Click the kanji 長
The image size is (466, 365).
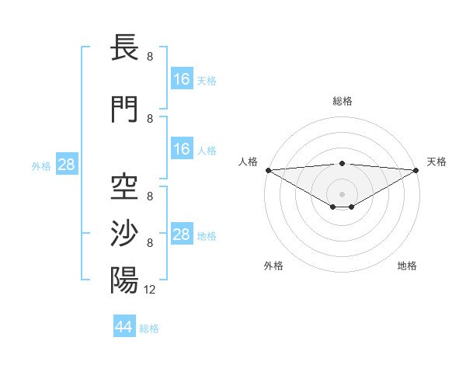pyautogui.click(x=125, y=48)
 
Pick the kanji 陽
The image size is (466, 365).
pyautogui.click(x=125, y=280)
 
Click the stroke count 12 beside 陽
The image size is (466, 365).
pyautogui.click(x=150, y=289)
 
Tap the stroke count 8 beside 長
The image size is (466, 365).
pyautogui.click(x=150, y=57)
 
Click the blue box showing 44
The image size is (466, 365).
pyautogui.click(x=124, y=327)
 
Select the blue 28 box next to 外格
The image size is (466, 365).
pyautogui.click(x=66, y=165)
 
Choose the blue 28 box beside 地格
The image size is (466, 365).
pyautogui.click(x=181, y=235)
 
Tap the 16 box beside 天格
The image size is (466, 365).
pyautogui.click(x=181, y=79)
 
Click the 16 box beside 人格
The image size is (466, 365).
pyautogui.click(x=181, y=149)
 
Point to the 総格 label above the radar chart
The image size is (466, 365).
pyautogui.click(x=343, y=101)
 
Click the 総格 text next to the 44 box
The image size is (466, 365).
pyautogui.click(x=149, y=328)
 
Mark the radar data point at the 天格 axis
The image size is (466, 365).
pyautogui.click(x=416, y=169)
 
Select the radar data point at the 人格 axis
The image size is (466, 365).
pyautogui.click(x=268, y=169)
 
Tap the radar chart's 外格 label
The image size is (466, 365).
pyautogui.click(x=273, y=266)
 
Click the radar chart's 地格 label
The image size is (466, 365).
pyautogui.click(x=407, y=266)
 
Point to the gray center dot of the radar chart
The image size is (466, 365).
pyautogui.click(x=342, y=193)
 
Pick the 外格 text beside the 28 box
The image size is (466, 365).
pyautogui.click(x=41, y=165)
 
